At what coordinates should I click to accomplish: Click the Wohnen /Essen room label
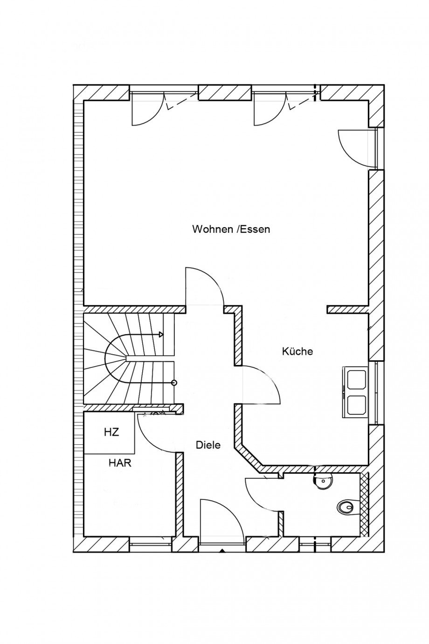(231, 230)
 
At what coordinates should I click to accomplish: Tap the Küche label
(298, 351)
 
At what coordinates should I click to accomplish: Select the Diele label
(208, 445)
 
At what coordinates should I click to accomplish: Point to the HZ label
(111, 432)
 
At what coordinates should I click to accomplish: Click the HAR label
(120, 463)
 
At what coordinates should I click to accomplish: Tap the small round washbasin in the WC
(323, 480)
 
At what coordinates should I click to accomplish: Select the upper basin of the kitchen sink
(356, 379)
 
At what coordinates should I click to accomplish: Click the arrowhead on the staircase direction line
(161, 334)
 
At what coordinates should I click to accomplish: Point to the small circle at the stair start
(174, 383)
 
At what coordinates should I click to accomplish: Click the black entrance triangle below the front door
(221, 551)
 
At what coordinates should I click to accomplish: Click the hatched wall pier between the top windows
(225, 92)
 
